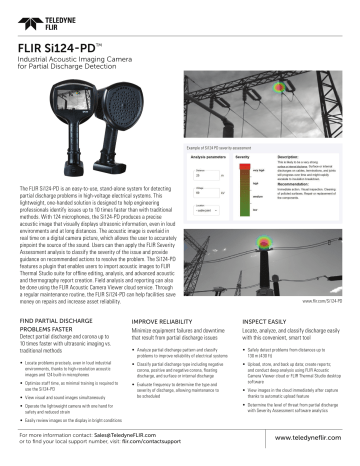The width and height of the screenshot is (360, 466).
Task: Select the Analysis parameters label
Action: click(205, 158)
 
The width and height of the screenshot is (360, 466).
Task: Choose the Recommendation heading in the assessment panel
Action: click(301, 183)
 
